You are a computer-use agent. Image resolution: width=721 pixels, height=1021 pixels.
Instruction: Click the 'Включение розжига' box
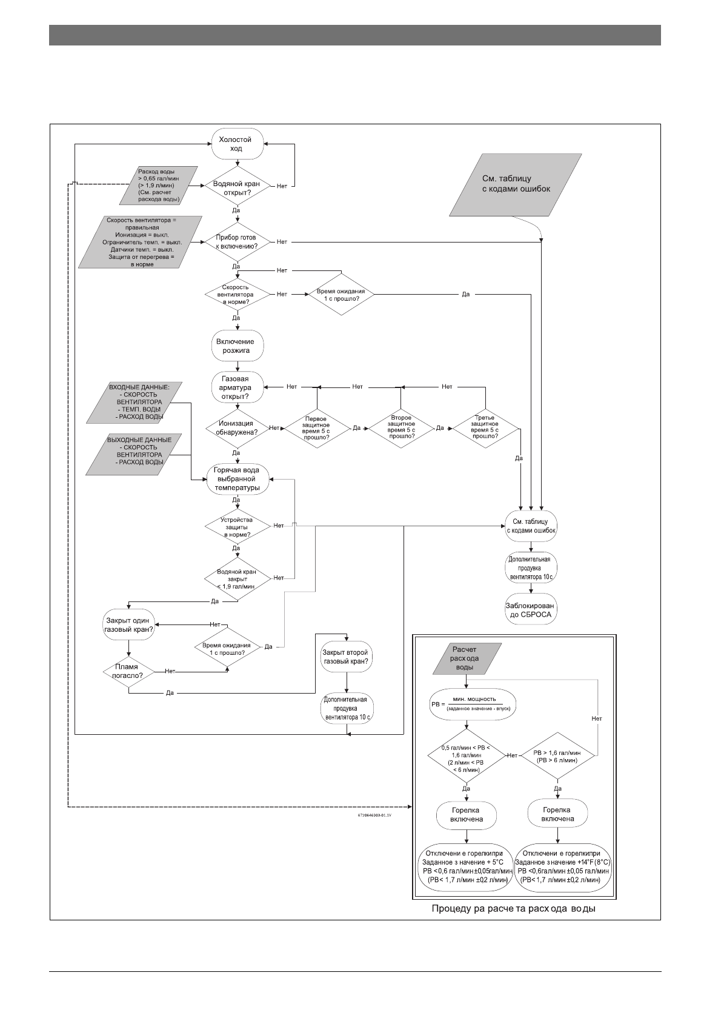coord(238,346)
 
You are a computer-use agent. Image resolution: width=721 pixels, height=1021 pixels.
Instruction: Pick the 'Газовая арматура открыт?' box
coord(237,387)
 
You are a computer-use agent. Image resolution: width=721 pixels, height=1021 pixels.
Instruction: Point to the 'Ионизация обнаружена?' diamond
coord(236,428)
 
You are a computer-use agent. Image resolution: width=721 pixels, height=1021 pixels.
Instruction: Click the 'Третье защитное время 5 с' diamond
coord(485,427)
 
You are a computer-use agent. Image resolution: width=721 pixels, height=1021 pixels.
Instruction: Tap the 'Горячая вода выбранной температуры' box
coord(237,479)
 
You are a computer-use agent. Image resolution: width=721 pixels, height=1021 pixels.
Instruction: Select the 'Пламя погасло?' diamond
coord(128,671)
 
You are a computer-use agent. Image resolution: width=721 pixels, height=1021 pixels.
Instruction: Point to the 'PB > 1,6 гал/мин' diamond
coord(557,756)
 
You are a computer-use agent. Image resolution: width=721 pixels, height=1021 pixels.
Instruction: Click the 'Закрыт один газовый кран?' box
coord(128,625)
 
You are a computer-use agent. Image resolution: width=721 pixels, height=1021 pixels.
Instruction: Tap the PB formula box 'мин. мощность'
coord(473,703)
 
